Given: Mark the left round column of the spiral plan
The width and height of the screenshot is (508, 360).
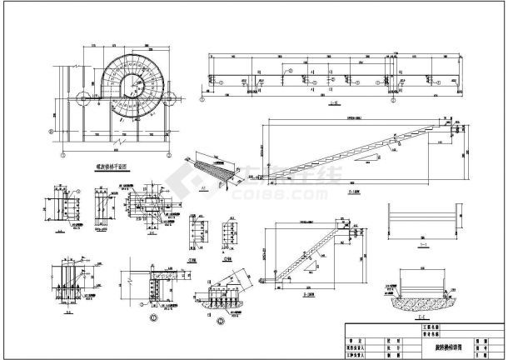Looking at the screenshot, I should coord(83,99).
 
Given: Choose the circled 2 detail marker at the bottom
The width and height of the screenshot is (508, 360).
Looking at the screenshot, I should coord(221,320).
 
